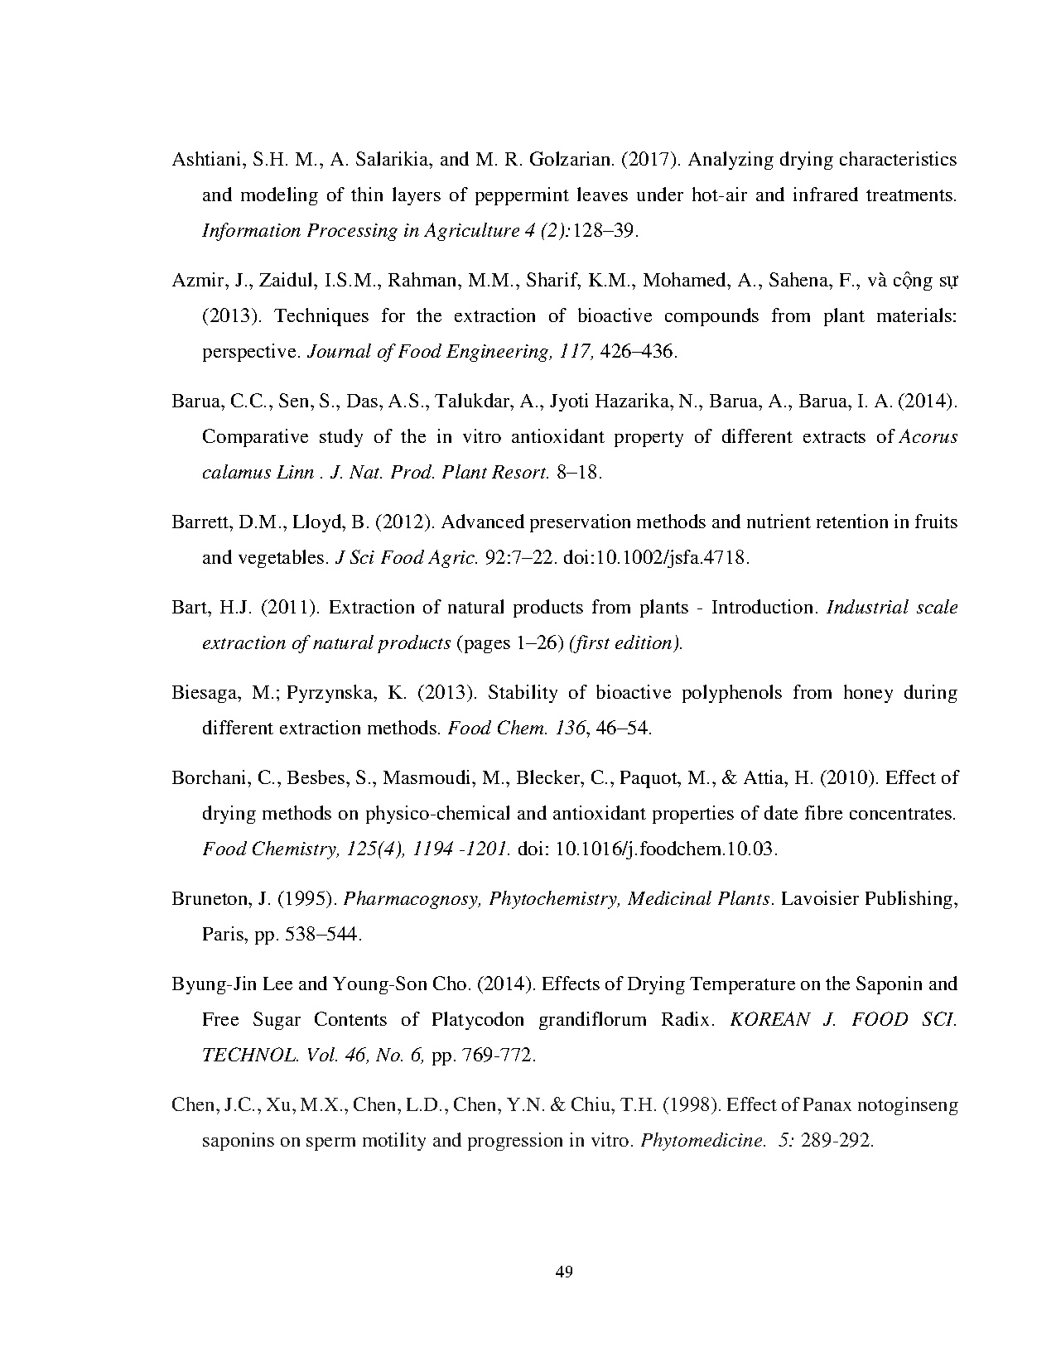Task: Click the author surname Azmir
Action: [195, 281]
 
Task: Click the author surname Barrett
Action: [200, 522]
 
